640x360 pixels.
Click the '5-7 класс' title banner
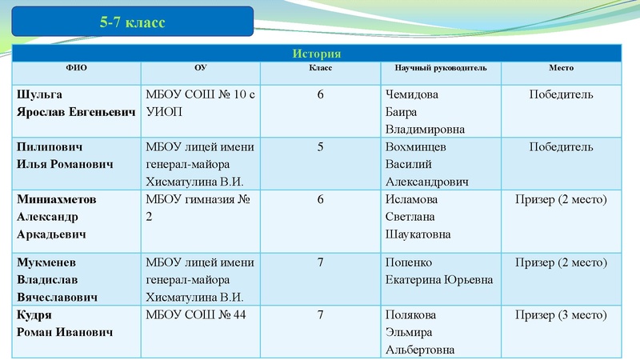click(133, 22)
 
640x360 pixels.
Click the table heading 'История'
click(317, 54)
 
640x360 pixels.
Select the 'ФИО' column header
click(77, 68)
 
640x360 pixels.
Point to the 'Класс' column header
click(320, 68)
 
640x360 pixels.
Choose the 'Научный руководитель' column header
click(440, 68)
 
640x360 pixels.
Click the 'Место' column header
click(561, 68)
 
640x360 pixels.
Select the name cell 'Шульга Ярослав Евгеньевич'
click(76, 103)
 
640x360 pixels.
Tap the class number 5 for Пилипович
click(321, 147)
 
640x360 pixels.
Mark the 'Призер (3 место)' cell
click(561, 314)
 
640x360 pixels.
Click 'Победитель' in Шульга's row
click(561, 94)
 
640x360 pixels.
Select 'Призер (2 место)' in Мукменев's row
click(561, 262)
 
